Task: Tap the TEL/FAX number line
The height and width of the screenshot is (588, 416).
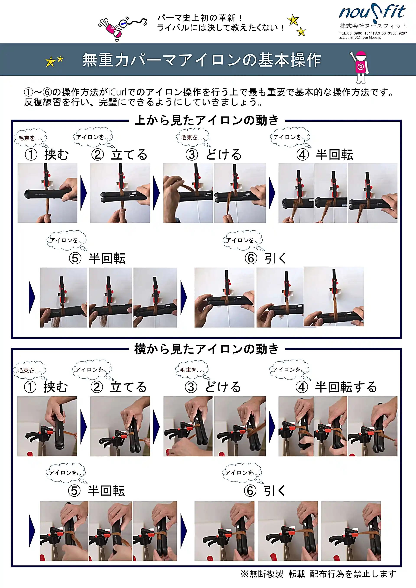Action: [x=372, y=33]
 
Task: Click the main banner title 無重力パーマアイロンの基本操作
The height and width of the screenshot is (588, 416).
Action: [x=201, y=60]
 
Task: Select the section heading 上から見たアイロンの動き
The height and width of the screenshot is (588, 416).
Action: [x=206, y=120]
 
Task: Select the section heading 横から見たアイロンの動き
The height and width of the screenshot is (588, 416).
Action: [x=206, y=349]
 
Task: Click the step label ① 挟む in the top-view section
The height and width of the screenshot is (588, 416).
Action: [x=47, y=155]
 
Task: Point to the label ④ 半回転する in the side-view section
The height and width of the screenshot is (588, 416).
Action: [x=336, y=387]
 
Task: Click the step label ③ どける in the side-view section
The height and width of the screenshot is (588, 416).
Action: [x=213, y=387]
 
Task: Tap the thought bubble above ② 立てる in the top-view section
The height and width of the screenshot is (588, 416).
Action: [x=93, y=137]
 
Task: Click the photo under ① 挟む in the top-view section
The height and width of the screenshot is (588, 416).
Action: [x=47, y=193]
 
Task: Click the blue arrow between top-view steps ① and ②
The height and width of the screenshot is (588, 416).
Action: [x=84, y=193]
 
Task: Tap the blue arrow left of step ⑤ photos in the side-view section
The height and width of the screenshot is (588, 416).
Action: [x=32, y=531]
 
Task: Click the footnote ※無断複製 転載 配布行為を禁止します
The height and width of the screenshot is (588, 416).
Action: [x=318, y=574]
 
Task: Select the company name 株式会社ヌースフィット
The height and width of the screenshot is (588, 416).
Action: [x=373, y=26]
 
